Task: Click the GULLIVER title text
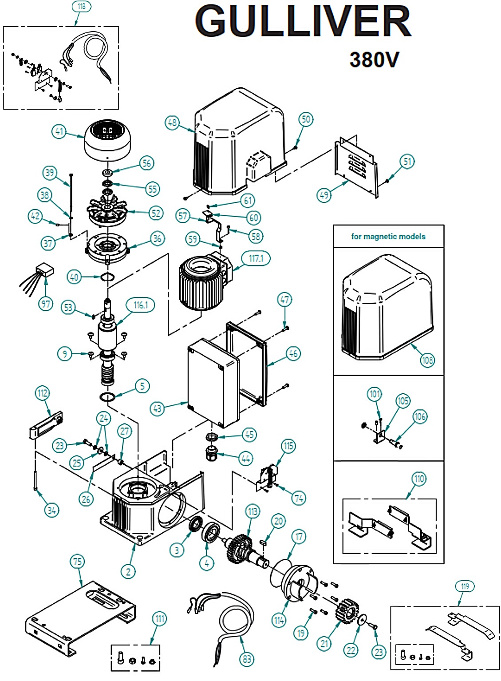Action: coord(303,22)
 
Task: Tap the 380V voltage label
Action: coord(374,60)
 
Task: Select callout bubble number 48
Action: coord(172,123)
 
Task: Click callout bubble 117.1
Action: coord(256,258)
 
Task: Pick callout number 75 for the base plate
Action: coord(78,561)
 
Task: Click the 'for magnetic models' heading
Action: coord(388,237)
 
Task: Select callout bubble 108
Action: coord(427,360)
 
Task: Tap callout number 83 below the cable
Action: coord(247,659)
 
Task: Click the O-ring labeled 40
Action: coord(107,277)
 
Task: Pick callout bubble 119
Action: coord(465,586)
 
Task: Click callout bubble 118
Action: coord(81,6)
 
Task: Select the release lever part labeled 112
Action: coord(46,425)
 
